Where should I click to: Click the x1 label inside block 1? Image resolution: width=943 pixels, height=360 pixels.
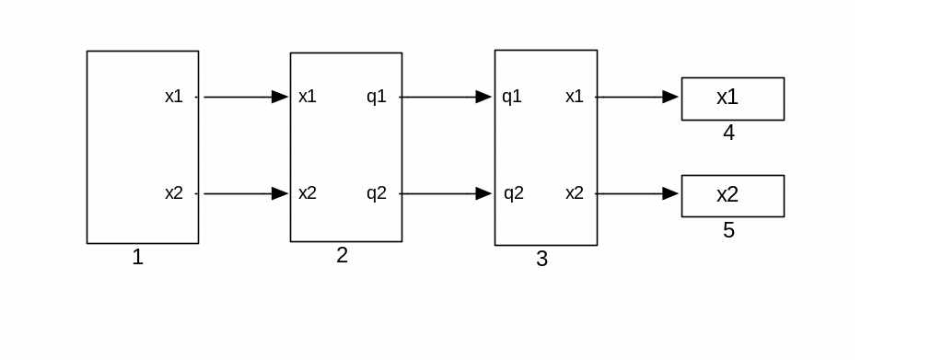point(174,96)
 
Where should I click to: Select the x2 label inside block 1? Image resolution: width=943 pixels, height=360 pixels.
point(174,193)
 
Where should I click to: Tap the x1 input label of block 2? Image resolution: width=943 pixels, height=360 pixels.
point(308,96)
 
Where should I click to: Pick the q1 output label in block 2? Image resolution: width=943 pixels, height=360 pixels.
point(377,97)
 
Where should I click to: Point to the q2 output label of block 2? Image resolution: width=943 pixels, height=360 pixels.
point(377,193)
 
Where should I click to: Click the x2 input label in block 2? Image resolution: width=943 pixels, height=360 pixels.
point(308,193)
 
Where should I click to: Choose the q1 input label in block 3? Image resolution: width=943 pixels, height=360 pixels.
point(512,97)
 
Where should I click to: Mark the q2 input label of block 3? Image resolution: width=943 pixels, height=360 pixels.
point(514,193)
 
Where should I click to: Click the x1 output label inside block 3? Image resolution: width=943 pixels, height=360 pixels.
point(575,96)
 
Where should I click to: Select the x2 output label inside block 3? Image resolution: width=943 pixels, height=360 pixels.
point(575,193)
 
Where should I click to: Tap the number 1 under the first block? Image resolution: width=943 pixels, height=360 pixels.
point(138,257)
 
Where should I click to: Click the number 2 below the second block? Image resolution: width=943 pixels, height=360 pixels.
point(342,255)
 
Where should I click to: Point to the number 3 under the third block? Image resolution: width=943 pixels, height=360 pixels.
point(541,259)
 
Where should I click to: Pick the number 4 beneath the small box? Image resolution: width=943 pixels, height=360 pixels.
point(728,133)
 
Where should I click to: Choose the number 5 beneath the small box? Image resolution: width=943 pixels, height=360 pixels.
point(728,230)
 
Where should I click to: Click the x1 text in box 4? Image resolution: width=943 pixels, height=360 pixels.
point(728,97)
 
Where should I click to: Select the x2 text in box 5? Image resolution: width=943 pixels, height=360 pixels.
point(728,194)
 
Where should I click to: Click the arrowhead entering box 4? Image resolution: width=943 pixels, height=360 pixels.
point(670,97)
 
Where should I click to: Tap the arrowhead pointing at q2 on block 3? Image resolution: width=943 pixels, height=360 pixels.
point(483,193)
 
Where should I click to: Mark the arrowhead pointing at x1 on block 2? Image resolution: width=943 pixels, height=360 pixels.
point(280,97)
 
